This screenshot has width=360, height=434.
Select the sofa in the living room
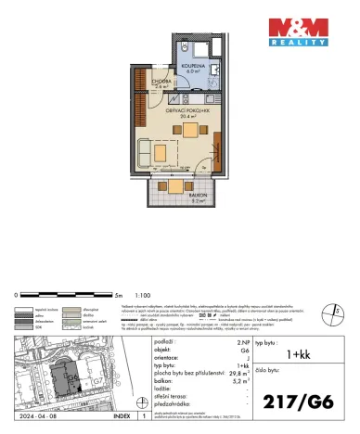tap(148, 148)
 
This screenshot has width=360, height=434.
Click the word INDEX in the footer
tap(121, 417)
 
